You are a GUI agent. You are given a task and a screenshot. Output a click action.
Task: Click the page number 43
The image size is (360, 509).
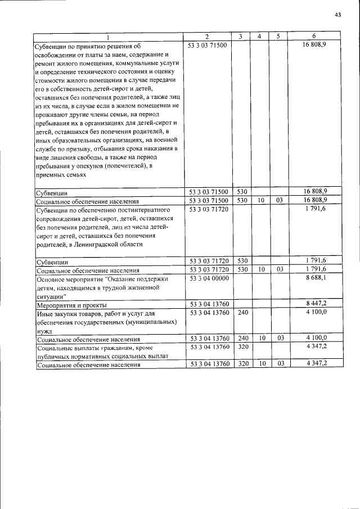(337, 15)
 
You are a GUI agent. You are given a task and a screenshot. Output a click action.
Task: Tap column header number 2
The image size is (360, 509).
(207, 37)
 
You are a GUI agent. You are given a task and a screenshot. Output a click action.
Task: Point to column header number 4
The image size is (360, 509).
(259, 37)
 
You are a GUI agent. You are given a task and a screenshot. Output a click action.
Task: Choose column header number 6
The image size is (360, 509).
(314, 37)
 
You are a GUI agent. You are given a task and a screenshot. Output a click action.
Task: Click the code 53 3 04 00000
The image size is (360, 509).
(208, 278)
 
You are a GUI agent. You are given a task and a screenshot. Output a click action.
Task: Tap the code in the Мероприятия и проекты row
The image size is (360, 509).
(208, 304)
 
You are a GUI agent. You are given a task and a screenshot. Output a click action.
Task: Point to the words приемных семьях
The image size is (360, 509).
(61, 175)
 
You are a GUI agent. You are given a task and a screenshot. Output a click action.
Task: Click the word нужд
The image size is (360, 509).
(44, 331)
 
